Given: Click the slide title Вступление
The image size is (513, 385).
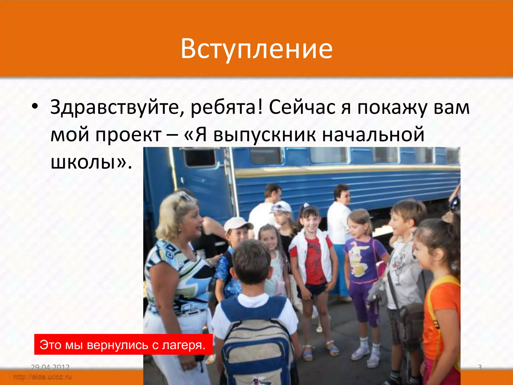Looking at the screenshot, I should pyautogui.click(x=256, y=49).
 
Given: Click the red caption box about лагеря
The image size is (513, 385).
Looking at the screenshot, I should pyautogui.click(x=123, y=345).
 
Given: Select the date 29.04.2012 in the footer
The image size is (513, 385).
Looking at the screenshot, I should pyautogui.click(x=50, y=367).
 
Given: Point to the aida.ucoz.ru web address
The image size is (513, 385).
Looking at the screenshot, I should pyautogui.click(x=43, y=377).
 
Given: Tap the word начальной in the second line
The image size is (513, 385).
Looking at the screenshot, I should pyautogui.click(x=373, y=135).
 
